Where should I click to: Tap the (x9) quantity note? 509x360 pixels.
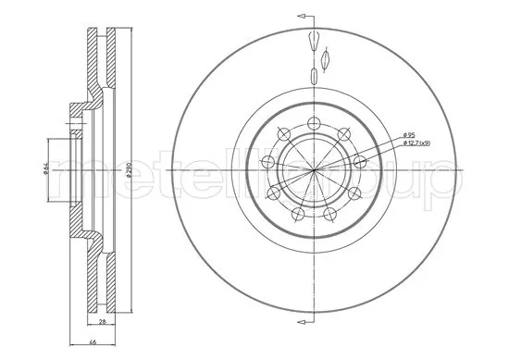click(x=428, y=145)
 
